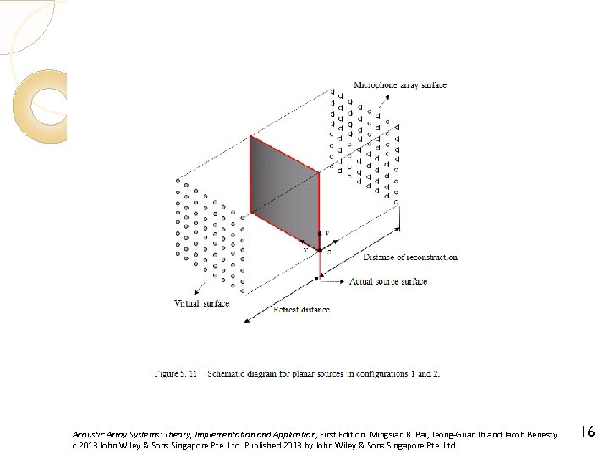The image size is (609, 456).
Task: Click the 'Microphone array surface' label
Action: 399,85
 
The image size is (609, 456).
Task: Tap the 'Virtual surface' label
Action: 201,304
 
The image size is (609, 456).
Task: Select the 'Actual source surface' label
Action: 388,281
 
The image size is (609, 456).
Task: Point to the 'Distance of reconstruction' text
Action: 410,257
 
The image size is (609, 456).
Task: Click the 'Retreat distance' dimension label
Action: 301,310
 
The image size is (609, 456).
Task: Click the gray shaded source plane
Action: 283,191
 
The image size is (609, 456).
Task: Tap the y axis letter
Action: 327,232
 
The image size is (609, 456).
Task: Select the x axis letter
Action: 305,250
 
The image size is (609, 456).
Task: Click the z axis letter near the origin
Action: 328,251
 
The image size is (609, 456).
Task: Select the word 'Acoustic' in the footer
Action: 89,433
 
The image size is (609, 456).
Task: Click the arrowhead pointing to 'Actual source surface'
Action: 340,281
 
